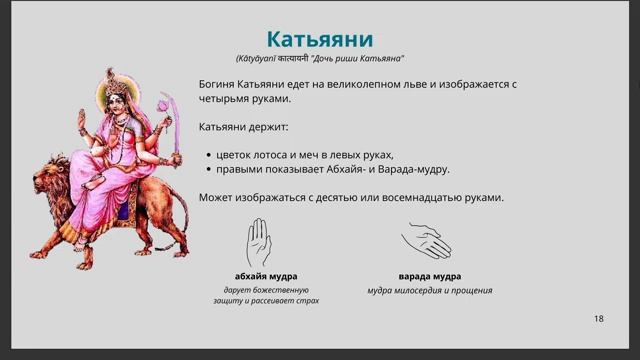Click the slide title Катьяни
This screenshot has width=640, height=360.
pos(319,39)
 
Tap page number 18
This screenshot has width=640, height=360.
pos(598,318)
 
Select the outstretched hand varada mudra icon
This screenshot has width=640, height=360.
pos(427,241)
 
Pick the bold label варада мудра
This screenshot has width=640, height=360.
pos(429,276)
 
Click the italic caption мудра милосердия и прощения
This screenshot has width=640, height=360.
pos(429,290)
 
